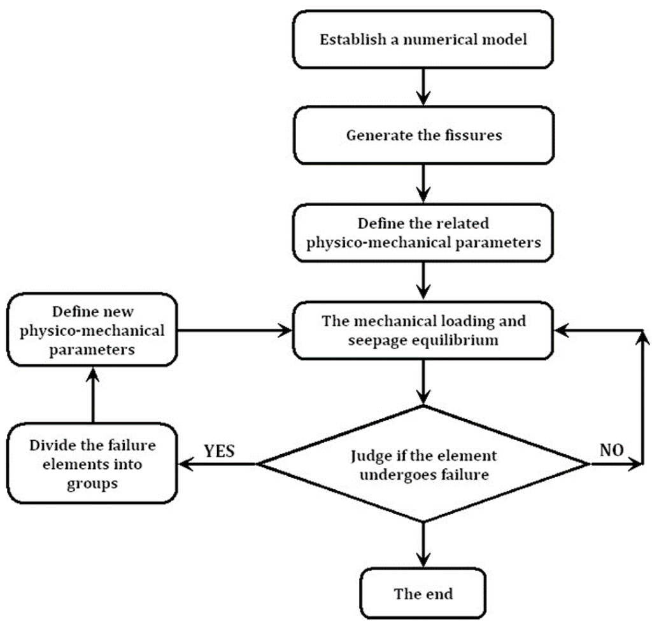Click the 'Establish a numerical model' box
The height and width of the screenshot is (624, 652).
[x=423, y=39]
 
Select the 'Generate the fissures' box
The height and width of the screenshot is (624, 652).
[x=423, y=135]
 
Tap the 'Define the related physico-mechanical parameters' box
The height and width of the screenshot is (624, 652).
[x=423, y=233]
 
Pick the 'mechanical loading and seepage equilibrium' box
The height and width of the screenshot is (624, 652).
[x=423, y=330]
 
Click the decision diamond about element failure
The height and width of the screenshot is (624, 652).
[x=423, y=464]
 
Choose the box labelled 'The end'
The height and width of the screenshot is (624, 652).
[x=423, y=593]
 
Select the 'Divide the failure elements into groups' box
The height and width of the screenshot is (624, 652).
[x=92, y=463]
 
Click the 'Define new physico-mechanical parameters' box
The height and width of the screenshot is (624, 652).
[x=92, y=330]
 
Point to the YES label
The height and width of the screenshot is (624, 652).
[x=219, y=451]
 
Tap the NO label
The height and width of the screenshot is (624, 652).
[x=612, y=450]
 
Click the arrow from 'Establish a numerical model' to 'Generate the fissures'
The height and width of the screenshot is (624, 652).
[x=423, y=87]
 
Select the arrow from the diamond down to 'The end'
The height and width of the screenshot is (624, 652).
[x=423, y=545]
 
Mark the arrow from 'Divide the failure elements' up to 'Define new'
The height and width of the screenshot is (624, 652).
[x=93, y=394]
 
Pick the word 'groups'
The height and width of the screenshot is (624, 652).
[x=92, y=484]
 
